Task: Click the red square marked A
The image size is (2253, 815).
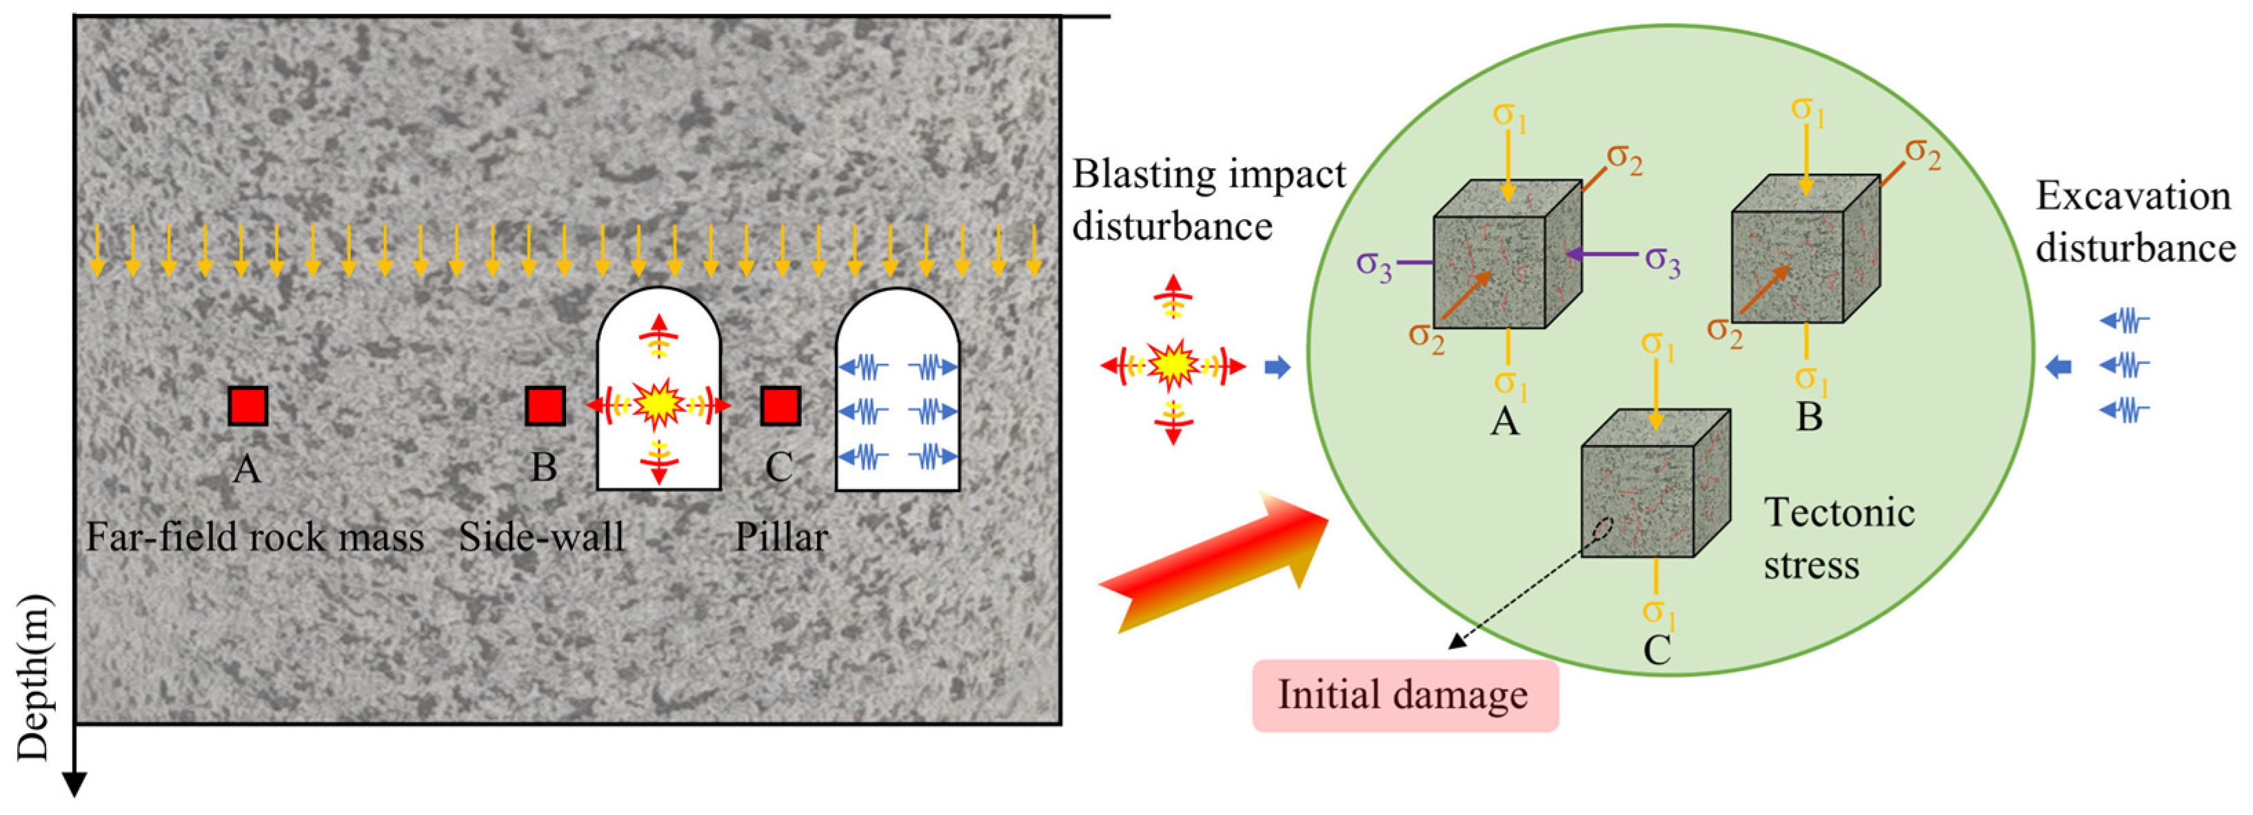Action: click(x=247, y=406)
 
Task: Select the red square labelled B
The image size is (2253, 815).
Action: click(x=545, y=406)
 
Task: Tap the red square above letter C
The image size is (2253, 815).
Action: click(x=780, y=406)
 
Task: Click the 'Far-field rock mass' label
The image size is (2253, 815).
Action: click(x=254, y=537)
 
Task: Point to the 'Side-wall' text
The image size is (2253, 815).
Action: click(x=543, y=537)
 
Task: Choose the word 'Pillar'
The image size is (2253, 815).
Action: click(x=781, y=537)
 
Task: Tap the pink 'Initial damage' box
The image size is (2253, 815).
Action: click(x=1404, y=695)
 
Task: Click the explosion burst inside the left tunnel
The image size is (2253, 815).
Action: click(x=658, y=404)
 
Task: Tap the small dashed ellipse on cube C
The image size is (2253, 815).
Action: click(x=1603, y=530)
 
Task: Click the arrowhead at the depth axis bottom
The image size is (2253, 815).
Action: click(x=75, y=785)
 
